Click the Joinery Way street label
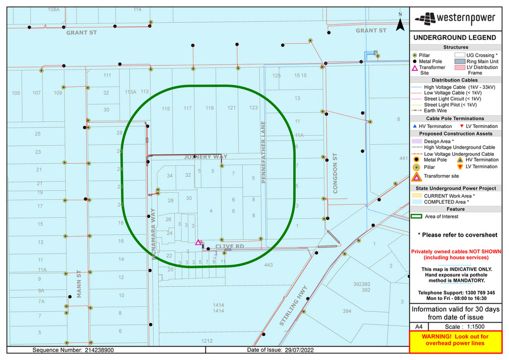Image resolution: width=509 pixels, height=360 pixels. [202, 157]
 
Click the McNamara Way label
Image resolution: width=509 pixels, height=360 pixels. [153, 235]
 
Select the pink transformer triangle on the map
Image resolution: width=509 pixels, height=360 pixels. [198, 243]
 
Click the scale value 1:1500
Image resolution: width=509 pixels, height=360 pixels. [468, 326]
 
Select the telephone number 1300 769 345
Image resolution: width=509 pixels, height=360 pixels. [475, 293]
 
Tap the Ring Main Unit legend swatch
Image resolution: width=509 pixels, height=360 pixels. [459, 62]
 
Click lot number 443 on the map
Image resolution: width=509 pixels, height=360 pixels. [268, 265]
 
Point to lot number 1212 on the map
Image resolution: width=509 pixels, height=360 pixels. [207, 340]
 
